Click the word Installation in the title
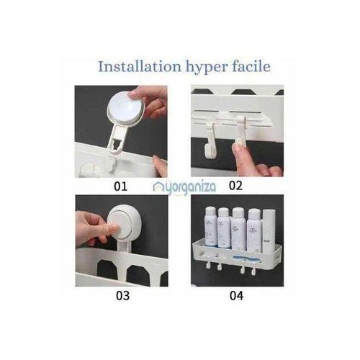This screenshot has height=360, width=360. tap(139, 67)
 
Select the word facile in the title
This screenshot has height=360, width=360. tap(251, 67)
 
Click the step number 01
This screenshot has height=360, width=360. tap(120, 186)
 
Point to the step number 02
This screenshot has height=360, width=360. tap(235, 186)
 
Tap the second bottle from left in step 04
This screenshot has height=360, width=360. tap(224, 226)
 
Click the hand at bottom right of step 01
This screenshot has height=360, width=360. tap(160, 167)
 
